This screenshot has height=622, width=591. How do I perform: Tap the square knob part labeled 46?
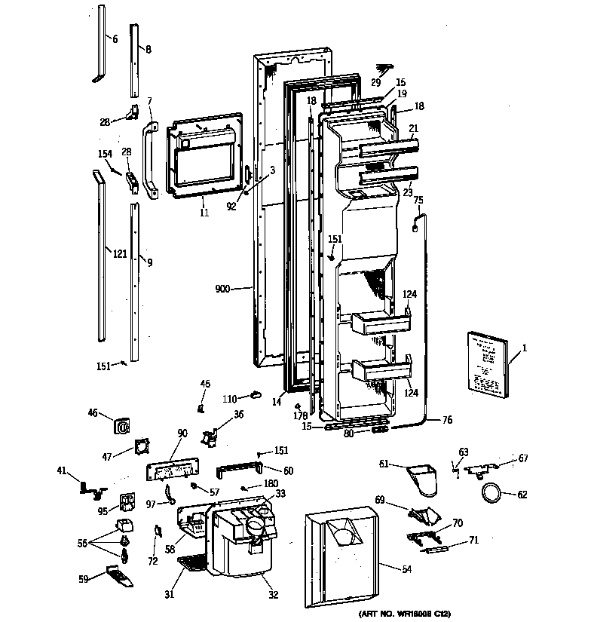tap(122, 426)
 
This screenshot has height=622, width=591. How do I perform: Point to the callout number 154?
tap(105, 154)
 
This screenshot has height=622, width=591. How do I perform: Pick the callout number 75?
tap(418, 200)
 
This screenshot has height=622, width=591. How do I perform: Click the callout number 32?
tap(272, 595)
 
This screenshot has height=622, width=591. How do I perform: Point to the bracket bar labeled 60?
tap(240, 470)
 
